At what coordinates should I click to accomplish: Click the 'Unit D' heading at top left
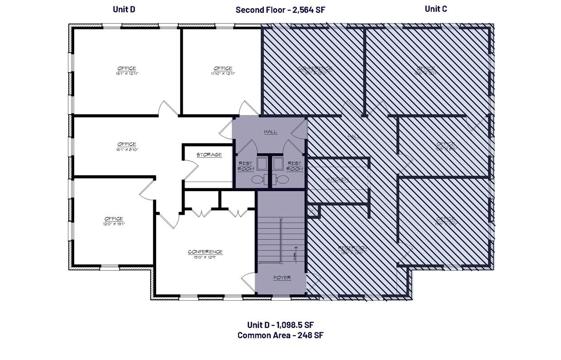124,9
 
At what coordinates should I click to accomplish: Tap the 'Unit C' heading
436,9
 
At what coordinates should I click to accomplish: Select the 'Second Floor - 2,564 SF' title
280,10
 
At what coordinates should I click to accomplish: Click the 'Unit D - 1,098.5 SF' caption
280,325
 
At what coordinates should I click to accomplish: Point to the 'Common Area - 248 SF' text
280,336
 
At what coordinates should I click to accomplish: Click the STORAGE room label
209,155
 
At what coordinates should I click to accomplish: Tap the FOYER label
282,278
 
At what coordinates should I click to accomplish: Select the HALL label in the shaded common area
270,132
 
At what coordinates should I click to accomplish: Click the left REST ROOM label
246,166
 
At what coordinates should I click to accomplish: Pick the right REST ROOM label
295,166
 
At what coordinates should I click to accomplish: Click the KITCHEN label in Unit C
338,180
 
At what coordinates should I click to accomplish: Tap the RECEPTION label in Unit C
352,248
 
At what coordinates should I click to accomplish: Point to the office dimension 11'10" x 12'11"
223,73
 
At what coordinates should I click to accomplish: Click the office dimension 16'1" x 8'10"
127,149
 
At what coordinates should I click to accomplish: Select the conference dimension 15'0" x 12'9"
205,257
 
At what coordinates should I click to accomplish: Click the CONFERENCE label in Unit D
205,252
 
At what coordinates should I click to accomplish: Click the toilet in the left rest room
257,180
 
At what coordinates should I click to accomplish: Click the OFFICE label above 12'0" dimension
114,219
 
